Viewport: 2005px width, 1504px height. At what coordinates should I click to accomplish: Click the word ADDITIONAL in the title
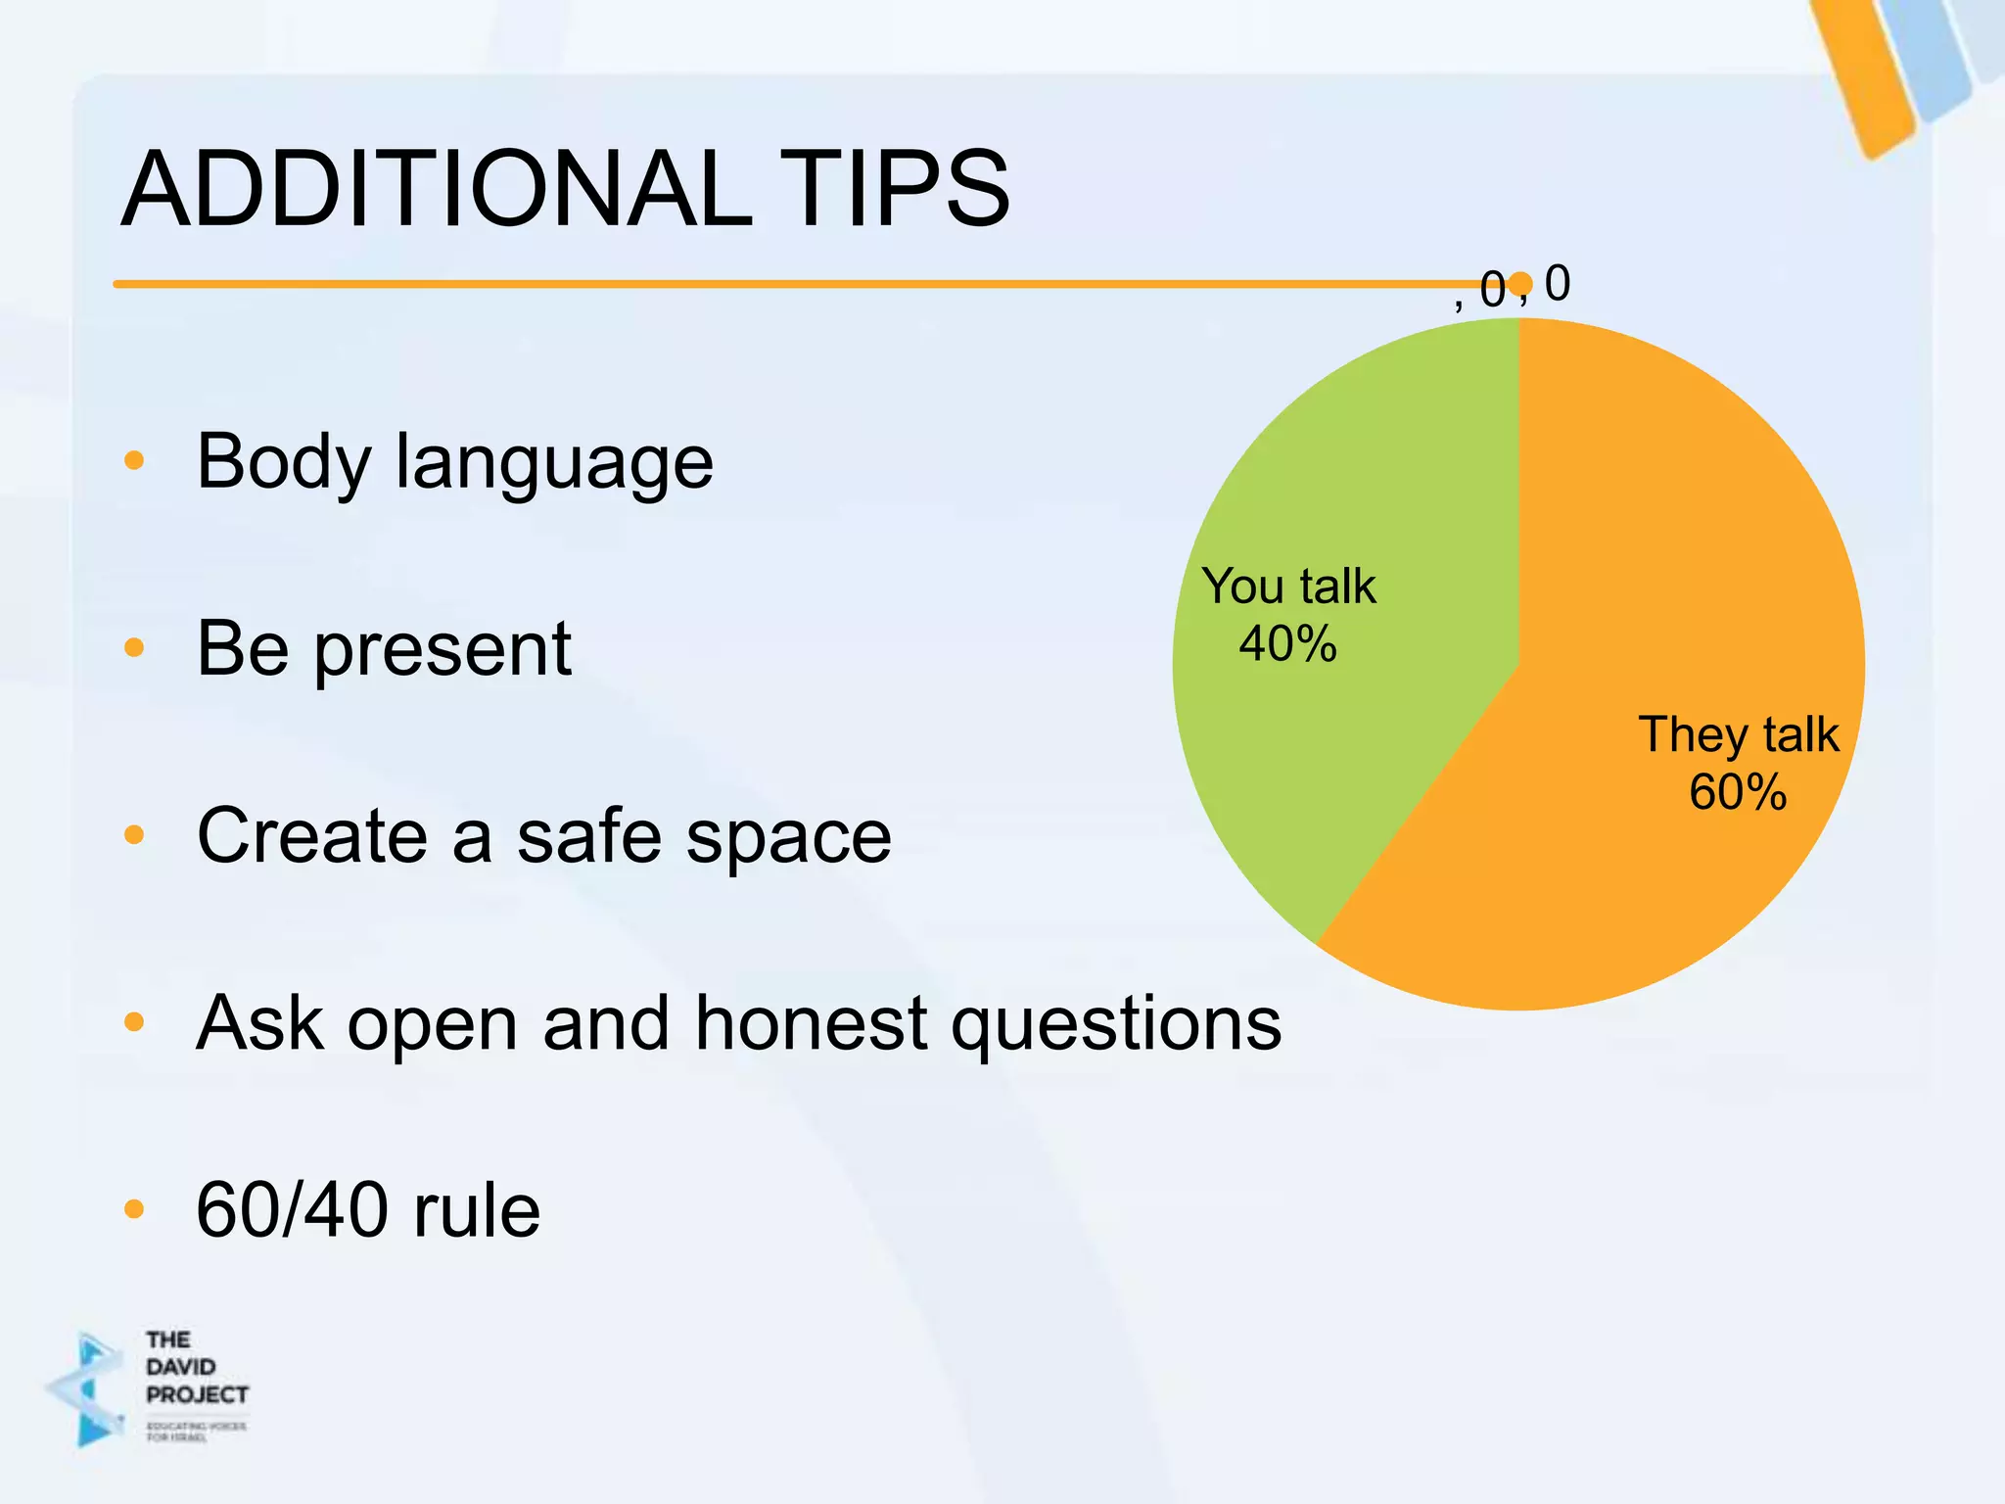click(436, 188)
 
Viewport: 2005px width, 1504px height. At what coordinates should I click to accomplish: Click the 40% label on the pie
click(1287, 644)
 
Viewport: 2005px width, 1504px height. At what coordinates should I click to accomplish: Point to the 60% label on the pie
click(1738, 792)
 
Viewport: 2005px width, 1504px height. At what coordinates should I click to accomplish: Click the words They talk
click(1739, 734)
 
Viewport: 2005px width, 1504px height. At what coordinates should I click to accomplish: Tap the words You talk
click(1288, 587)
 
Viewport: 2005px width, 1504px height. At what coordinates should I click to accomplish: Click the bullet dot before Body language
click(134, 460)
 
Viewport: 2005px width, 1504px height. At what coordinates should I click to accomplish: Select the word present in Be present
click(443, 650)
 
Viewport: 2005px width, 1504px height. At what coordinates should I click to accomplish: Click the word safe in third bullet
click(588, 836)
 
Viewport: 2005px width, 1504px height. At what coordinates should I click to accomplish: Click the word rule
click(477, 1210)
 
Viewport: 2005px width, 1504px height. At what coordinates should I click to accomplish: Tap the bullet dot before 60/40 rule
click(134, 1209)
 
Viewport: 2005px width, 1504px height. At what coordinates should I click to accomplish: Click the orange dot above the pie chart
click(1519, 284)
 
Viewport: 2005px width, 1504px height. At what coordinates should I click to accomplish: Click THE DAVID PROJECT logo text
click(195, 1367)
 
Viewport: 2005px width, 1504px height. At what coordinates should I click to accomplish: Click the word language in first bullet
click(554, 463)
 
